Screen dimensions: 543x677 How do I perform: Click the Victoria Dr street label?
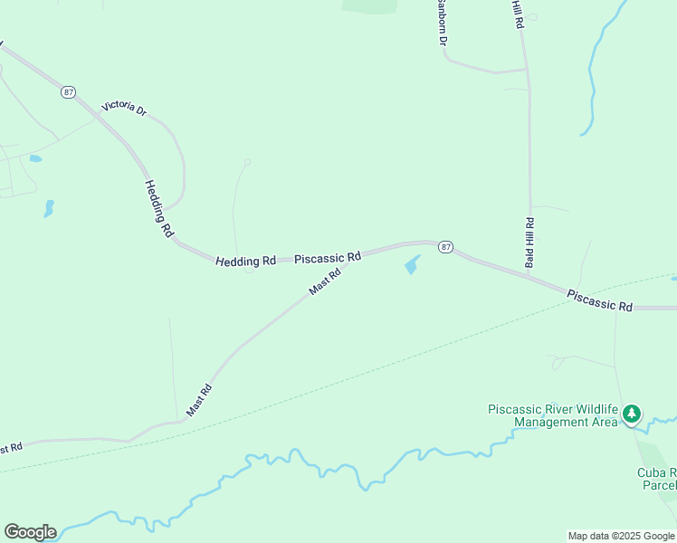coord(124,108)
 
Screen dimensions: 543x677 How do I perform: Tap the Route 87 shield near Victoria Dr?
coord(69,92)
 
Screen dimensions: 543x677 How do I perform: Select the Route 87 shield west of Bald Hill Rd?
coord(444,247)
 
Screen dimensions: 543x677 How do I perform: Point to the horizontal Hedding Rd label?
coord(245,261)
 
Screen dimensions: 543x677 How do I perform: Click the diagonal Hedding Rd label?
coord(158,208)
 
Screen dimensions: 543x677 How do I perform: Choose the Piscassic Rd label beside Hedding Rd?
coord(328,257)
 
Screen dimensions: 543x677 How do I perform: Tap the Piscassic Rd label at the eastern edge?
coord(599,300)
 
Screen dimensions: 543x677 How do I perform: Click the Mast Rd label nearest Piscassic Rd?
coord(324,281)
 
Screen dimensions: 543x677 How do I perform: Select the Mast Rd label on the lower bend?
coord(199,400)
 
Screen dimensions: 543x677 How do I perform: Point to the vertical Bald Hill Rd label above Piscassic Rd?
coord(530,243)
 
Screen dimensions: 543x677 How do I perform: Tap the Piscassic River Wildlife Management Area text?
coord(552,415)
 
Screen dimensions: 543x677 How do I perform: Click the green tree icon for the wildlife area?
coord(632,414)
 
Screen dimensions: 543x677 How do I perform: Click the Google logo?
coord(30,532)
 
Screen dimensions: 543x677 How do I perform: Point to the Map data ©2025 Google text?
coord(621,536)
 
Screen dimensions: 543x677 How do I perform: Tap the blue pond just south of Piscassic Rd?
coord(412,265)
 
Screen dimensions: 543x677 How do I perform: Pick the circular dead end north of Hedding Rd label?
coord(247,162)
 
